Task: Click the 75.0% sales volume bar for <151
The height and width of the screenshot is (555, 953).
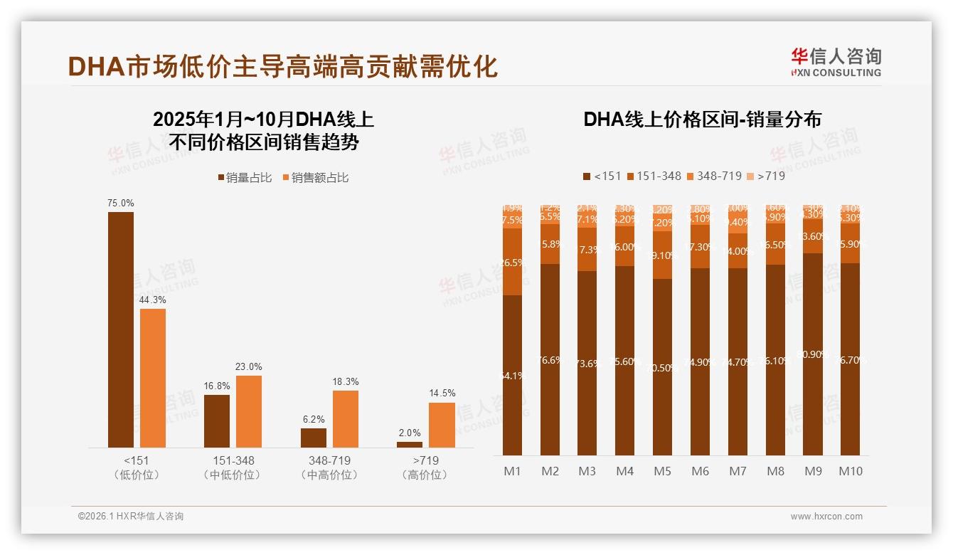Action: [x=121, y=329]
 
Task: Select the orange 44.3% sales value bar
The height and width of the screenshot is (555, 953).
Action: [x=153, y=378]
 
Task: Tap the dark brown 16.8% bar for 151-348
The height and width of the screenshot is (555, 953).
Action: [x=217, y=421]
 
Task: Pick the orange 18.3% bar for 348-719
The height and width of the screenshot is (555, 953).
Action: [x=346, y=418]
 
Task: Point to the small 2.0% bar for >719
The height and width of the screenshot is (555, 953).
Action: [x=410, y=445]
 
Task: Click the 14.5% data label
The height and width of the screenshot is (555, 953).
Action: [x=442, y=393]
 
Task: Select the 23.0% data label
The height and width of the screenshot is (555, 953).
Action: [x=249, y=366]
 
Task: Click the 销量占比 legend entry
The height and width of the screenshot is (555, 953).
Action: [x=245, y=178]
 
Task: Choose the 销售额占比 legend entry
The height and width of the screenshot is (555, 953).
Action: [x=316, y=178]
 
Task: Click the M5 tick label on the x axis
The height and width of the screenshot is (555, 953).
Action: [x=662, y=471]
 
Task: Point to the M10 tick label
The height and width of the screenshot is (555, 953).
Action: [x=851, y=471]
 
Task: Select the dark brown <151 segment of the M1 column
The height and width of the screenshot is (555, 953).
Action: [x=512, y=375]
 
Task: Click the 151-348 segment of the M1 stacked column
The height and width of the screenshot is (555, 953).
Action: [x=512, y=262]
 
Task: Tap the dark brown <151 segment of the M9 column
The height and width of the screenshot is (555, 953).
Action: [x=814, y=354]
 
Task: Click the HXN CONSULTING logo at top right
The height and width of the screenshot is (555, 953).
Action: [x=836, y=62]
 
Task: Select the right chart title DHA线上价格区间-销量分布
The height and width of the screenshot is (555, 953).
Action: [x=702, y=119]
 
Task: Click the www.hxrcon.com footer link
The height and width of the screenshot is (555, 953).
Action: [x=826, y=517]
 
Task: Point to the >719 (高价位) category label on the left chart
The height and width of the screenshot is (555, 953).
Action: [x=425, y=467]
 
